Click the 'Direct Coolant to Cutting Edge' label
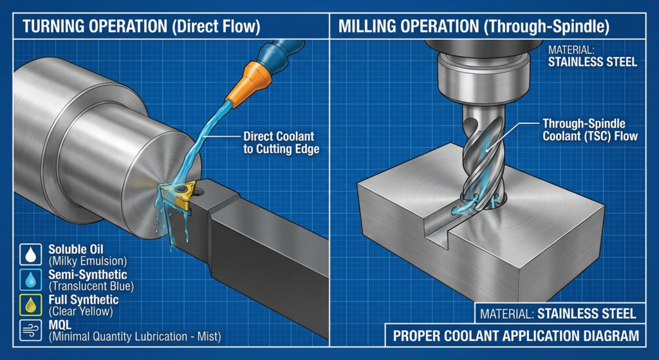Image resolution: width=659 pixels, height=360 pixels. point(280,143)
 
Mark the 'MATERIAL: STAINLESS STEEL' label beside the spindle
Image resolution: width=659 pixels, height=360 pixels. point(591,57)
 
